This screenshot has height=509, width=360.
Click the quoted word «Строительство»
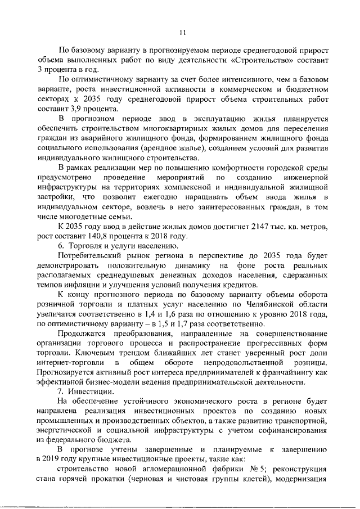point(267,59)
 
